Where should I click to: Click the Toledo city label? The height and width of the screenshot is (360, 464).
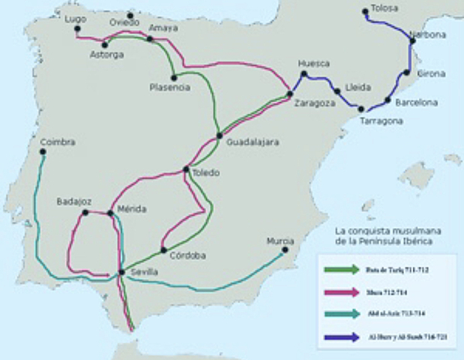(x=206, y=173)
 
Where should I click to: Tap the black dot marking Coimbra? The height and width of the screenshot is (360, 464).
(x=43, y=152)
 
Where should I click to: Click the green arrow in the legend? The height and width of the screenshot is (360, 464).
(x=342, y=268)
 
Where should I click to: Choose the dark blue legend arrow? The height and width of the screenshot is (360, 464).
(x=342, y=338)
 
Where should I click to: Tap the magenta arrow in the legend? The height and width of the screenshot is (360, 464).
(x=342, y=291)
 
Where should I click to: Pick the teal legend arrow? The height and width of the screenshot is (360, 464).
(x=342, y=315)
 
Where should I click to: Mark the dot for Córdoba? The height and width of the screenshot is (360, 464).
(x=163, y=250)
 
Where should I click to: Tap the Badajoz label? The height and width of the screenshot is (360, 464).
(x=73, y=202)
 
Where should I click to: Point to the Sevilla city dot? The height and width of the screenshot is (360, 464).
(x=121, y=272)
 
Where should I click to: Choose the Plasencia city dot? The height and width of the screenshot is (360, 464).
(x=173, y=76)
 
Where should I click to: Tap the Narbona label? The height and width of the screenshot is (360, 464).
(x=428, y=35)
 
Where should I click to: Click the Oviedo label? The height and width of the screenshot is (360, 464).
(x=124, y=22)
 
